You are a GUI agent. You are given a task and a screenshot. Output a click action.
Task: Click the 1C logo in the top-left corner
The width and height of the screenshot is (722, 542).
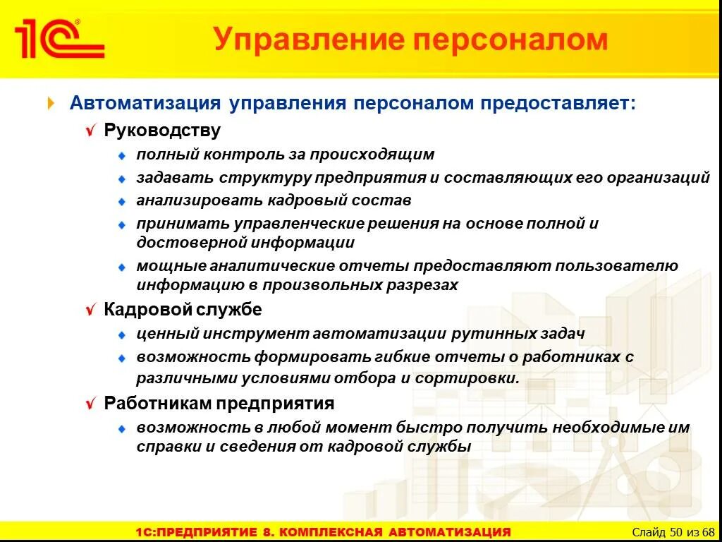coord(59,40)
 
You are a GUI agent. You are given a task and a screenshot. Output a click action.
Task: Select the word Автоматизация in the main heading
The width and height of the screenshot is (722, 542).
coord(145,103)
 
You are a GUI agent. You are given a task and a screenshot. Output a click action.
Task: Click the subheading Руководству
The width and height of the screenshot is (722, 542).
coord(162,131)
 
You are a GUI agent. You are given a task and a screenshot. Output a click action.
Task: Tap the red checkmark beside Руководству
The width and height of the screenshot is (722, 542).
coord(90,131)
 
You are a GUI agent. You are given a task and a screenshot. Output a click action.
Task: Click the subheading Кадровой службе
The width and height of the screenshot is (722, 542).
coord(183,309)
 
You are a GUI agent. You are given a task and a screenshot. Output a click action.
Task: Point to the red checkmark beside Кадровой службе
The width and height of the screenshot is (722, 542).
coord(90,310)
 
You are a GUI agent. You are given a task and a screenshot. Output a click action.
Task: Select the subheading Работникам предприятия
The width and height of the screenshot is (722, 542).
coord(219,403)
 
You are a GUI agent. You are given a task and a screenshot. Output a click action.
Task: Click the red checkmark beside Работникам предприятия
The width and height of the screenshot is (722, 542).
coord(90,404)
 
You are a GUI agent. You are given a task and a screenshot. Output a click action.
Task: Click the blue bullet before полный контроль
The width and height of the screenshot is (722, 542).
coord(121,155)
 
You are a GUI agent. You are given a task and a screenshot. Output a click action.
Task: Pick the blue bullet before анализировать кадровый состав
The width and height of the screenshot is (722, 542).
coord(121,202)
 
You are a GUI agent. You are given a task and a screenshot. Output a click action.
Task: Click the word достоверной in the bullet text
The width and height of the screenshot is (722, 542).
coord(182,242)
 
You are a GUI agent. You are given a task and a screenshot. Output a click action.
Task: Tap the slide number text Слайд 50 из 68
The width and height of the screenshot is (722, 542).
coord(673,531)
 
